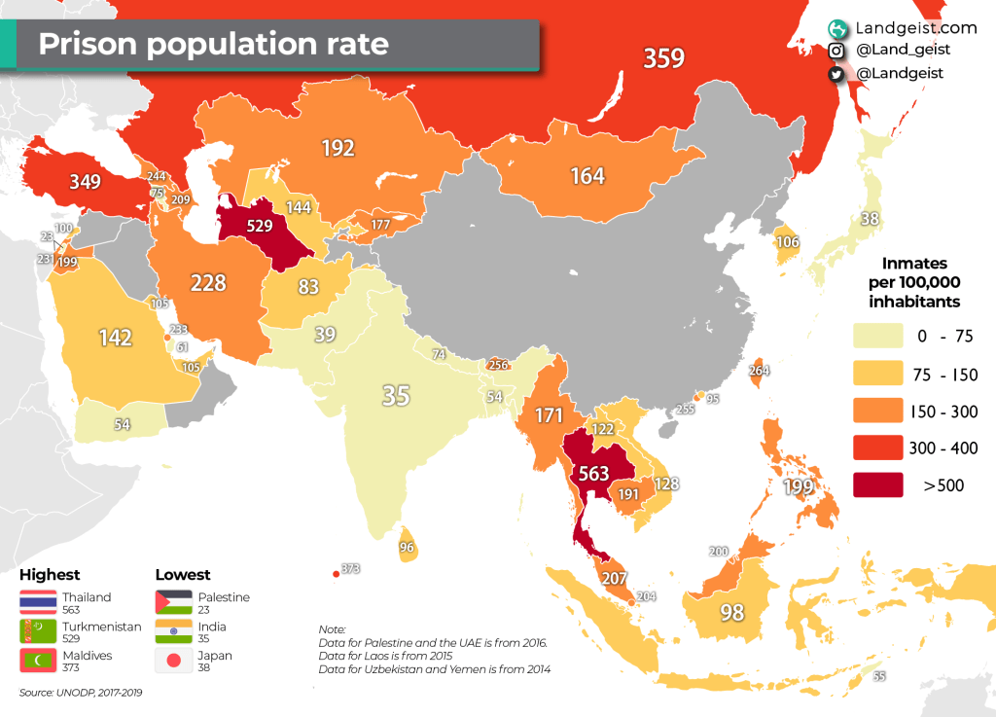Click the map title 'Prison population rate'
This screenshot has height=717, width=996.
click(213, 44)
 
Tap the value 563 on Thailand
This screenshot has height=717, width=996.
click(593, 474)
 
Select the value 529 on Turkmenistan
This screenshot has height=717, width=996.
click(260, 225)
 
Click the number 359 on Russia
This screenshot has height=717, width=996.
click(663, 58)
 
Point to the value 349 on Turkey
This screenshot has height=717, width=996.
click(87, 181)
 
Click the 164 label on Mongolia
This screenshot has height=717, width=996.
click(587, 176)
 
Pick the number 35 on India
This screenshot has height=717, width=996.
click(396, 396)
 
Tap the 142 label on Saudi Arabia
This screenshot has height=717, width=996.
click(116, 338)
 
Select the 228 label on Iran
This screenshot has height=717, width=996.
click(208, 283)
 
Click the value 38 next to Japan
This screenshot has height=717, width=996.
click(870, 219)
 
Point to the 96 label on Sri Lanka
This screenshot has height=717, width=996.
click(407, 547)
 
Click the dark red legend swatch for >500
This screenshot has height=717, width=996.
click(878, 484)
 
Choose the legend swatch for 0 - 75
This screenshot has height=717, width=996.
click(878, 337)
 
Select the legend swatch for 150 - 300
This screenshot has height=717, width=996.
click(878, 411)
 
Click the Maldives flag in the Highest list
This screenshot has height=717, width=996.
click(38, 662)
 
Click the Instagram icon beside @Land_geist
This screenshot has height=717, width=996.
click(835, 51)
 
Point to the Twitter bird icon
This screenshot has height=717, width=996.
click(835, 74)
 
